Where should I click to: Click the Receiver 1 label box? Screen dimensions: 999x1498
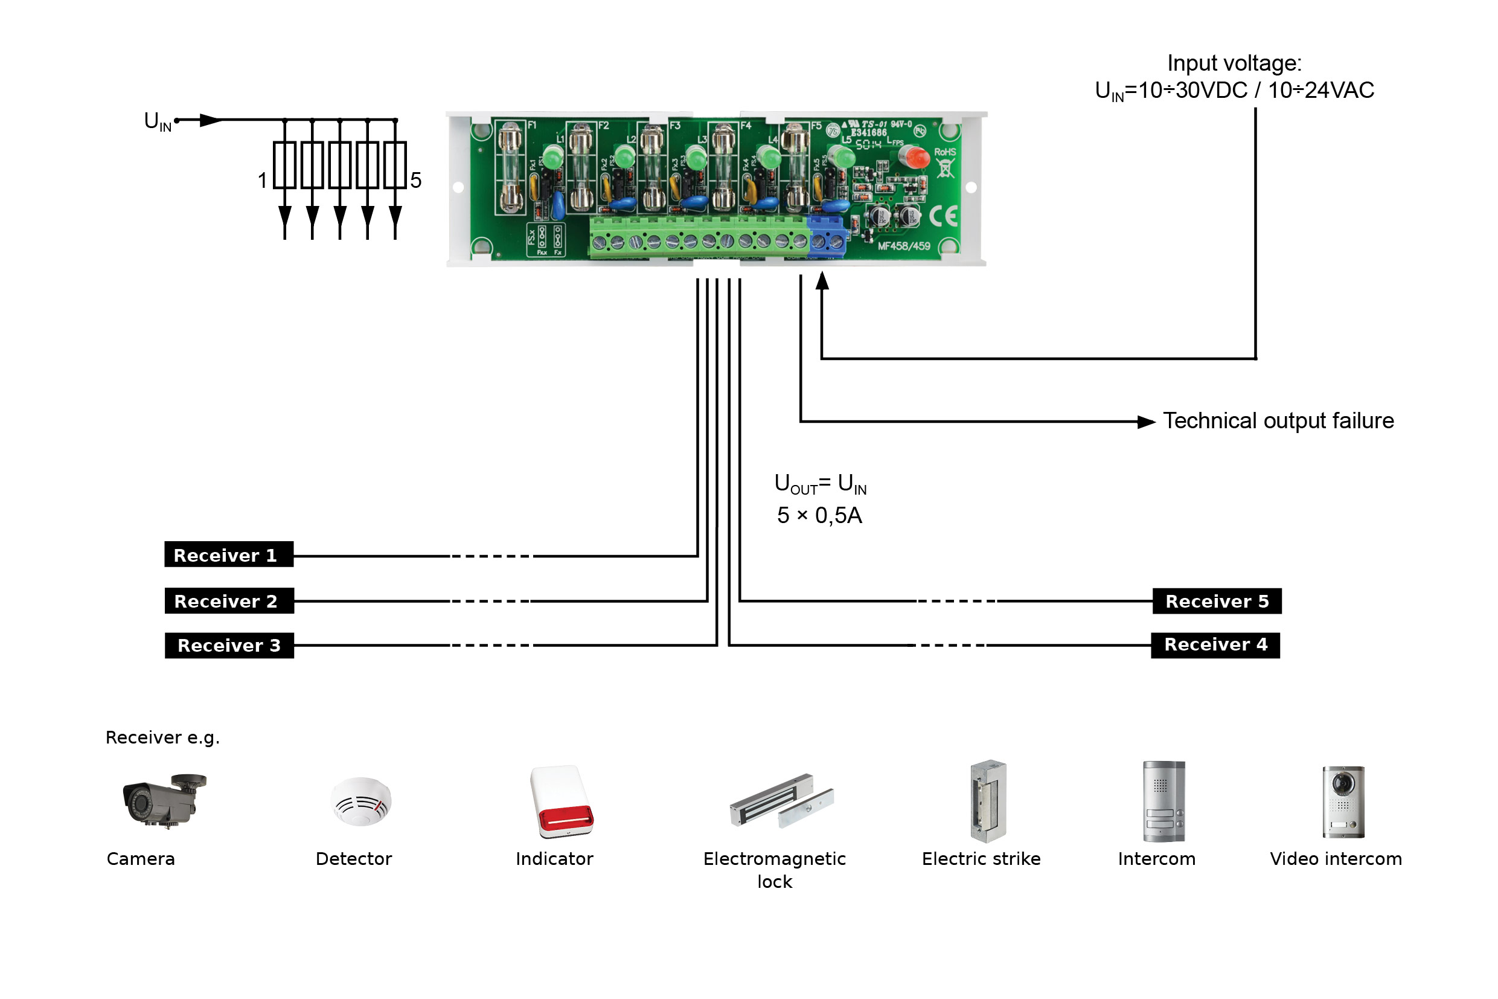pyautogui.click(x=229, y=554)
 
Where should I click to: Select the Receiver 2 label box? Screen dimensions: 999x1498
pyautogui.click(x=229, y=601)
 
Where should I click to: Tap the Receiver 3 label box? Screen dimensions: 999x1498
pyautogui.click(x=229, y=646)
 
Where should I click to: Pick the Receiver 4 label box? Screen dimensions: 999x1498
pyautogui.click(x=1215, y=645)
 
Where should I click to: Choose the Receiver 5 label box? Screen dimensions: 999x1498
pyautogui.click(x=1217, y=601)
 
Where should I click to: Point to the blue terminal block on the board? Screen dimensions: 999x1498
pyautogui.click(x=826, y=237)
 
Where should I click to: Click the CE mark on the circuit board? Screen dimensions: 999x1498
pyautogui.click(x=943, y=217)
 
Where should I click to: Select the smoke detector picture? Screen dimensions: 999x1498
pyautogui.click(x=361, y=801)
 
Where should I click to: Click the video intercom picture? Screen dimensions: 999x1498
pyautogui.click(x=1343, y=801)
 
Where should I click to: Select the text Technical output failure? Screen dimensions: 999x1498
pyautogui.click(x=1278, y=421)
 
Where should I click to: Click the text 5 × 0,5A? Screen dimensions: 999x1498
pyautogui.click(x=819, y=515)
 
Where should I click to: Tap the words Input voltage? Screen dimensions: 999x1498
pyautogui.click(x=1234, y=63)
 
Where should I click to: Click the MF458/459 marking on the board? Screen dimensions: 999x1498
pyautogui.click(x=903, y=246)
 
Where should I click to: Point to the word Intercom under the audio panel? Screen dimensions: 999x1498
pyautogui.click(x=1156, y=859)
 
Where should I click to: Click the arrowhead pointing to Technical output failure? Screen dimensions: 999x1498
pyautogui.click(x=1147, y=422)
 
